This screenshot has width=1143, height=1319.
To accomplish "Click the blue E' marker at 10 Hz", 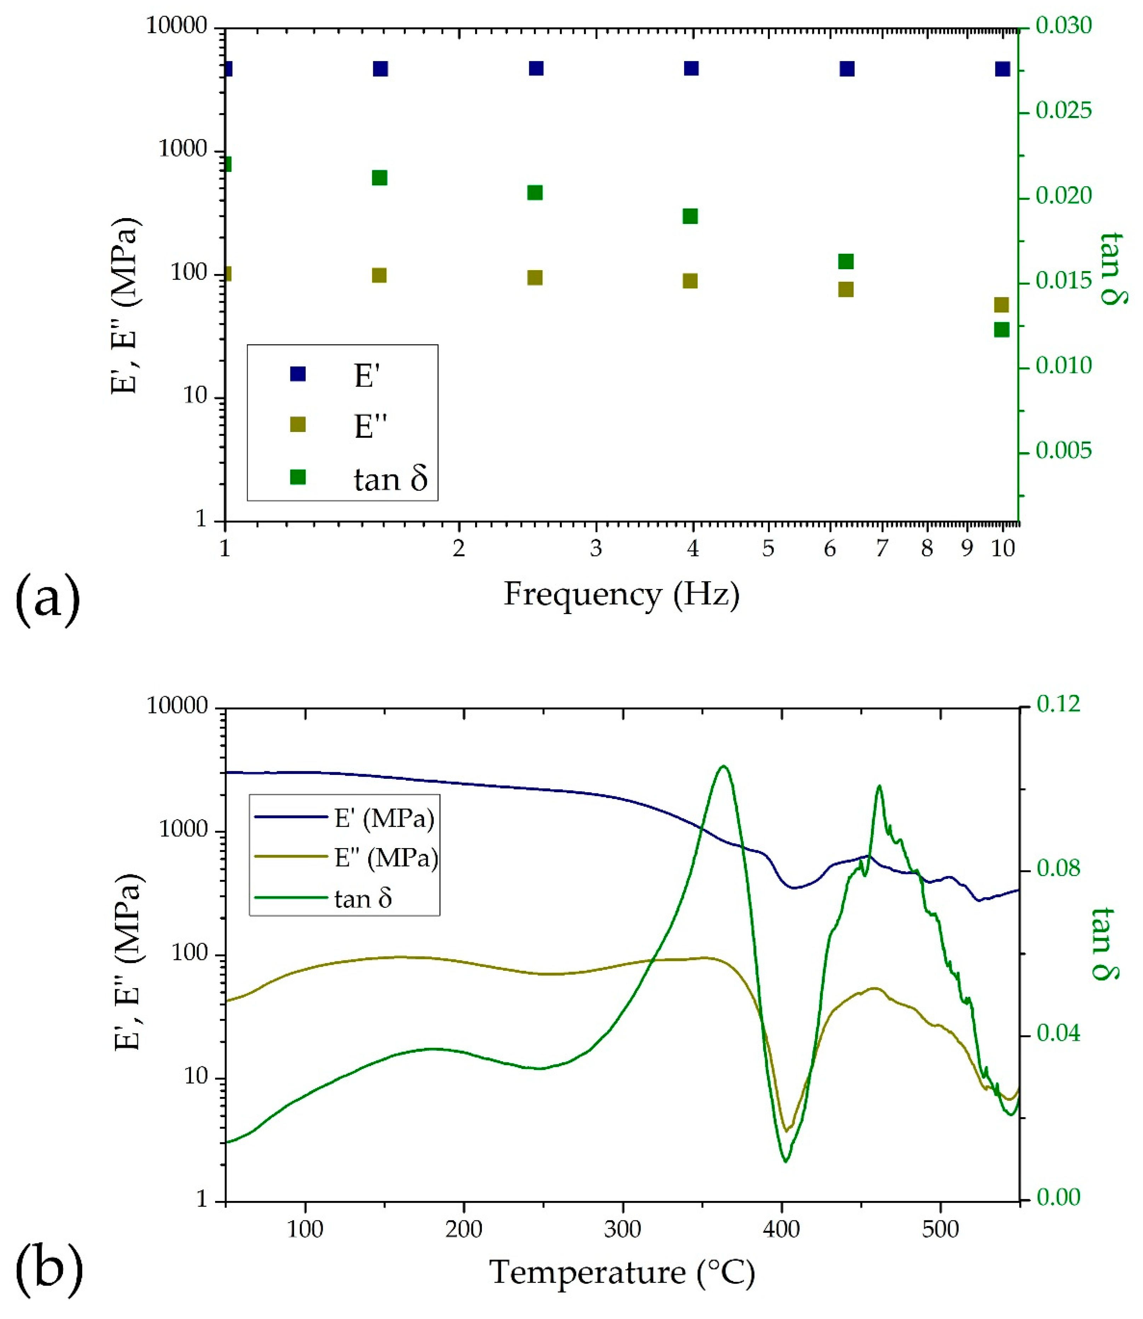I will pyautogui.click(x=1003, y=69).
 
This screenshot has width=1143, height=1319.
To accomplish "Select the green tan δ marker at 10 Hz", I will pyautogui.click(x=1001, y=329).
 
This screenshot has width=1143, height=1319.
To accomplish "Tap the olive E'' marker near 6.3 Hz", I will pyautogui.click(x=846, y=290).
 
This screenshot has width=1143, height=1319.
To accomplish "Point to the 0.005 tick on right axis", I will pyautogui.click(x=1063, y=451).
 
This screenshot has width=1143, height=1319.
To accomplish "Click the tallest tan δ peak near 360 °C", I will pyautogui.click(x=723, y=766).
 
